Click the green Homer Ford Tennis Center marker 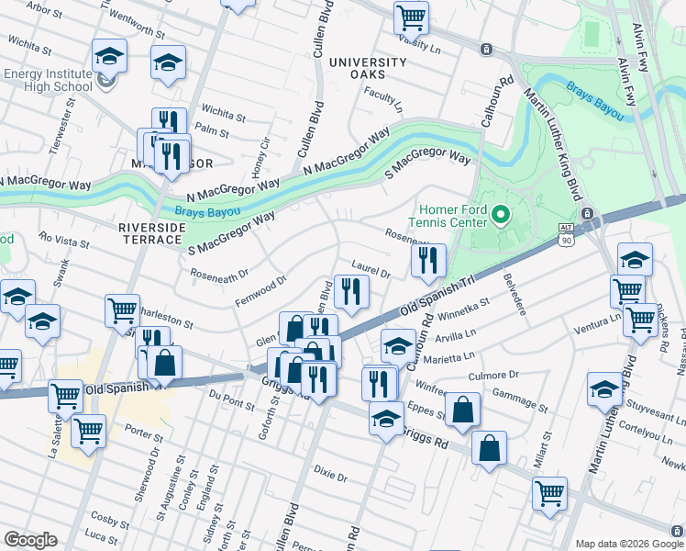[x=500, y=216]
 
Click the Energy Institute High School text [x=48, y=80]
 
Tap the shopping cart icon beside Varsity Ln [x=412, y=17]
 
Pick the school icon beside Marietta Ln [x=398, y=345]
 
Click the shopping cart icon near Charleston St [x=121, y=309]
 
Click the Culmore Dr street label [x=495, y=375]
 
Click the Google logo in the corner [x=30, y=539]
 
